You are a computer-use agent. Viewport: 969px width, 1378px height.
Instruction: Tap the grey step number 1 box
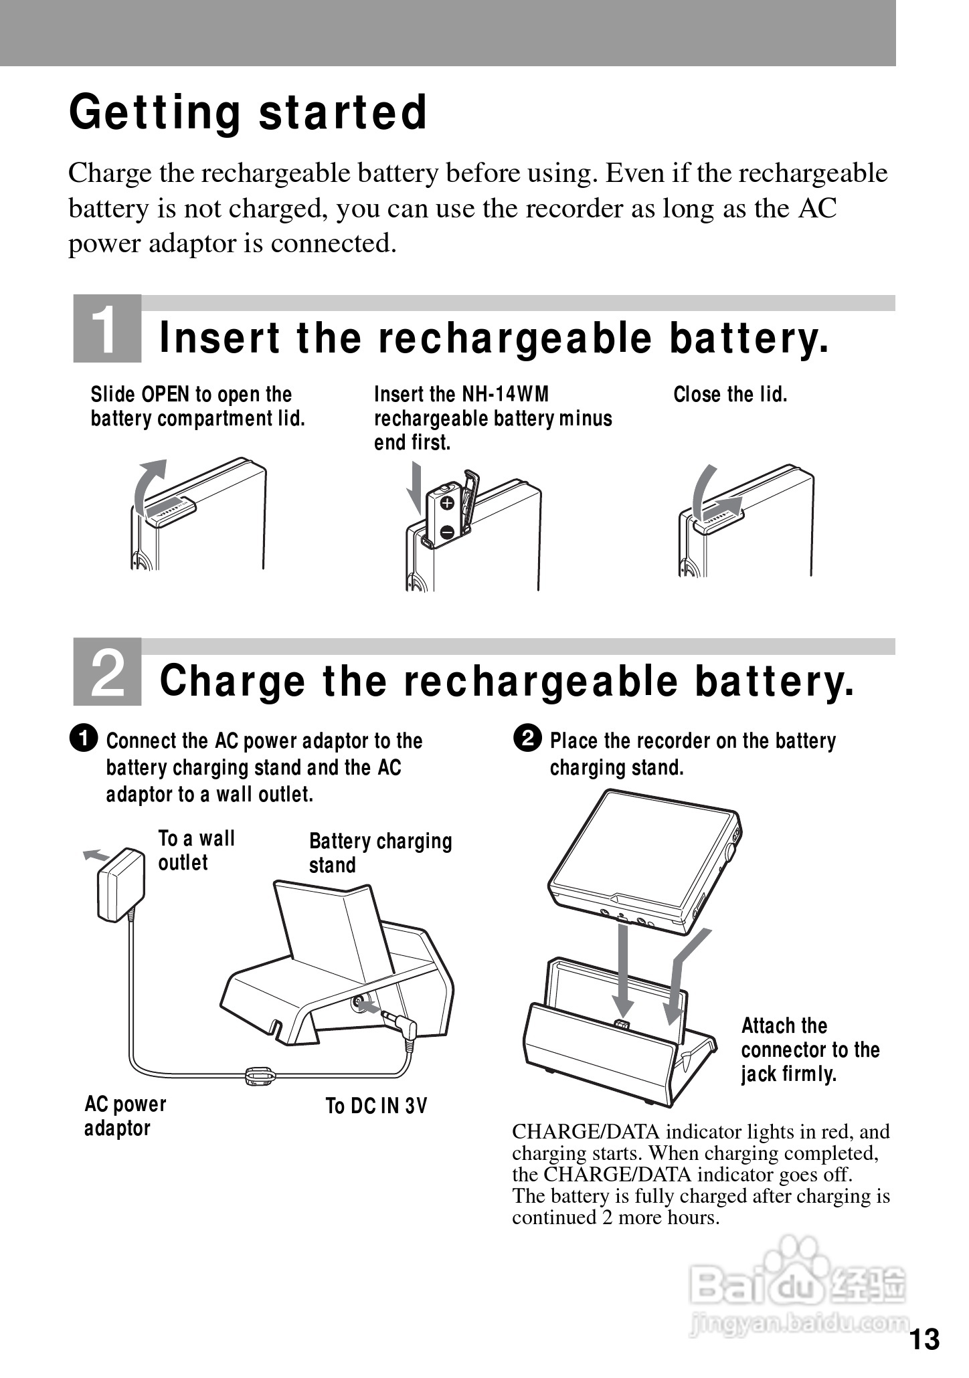(x=107, y=328)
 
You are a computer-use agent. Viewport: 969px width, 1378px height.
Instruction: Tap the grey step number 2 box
(x=107, y=672)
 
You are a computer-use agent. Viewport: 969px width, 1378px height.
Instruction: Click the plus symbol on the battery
(x=448, y=502)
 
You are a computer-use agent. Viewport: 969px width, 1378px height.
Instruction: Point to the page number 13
(x=925, y=1340)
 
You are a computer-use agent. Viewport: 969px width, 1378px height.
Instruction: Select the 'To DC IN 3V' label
(x=376, y=1106)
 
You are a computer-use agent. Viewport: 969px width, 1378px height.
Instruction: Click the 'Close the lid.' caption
(x=730, y=395)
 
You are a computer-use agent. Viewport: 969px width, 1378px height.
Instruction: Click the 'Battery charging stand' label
(x=380, y=853)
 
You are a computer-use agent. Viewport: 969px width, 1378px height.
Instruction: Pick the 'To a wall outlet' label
(x=196, y=850)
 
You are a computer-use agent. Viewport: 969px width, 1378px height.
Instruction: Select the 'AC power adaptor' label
(x=125, y=1116)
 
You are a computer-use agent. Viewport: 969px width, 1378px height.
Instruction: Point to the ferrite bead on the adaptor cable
(x=260, y=1076)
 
